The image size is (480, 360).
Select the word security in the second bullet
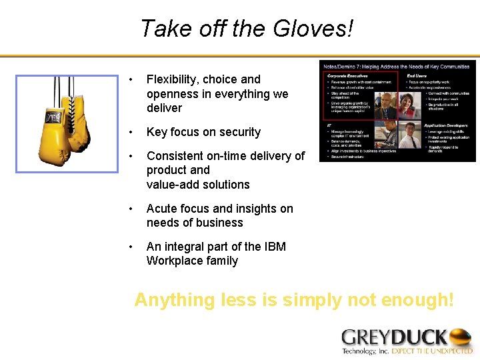click(237, 132)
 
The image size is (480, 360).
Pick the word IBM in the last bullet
click(275, 247)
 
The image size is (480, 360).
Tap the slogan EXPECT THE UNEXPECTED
click(431, 351)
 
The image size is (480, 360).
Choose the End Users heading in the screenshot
click(417, 75)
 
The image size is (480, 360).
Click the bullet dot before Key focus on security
click(135, 132)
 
